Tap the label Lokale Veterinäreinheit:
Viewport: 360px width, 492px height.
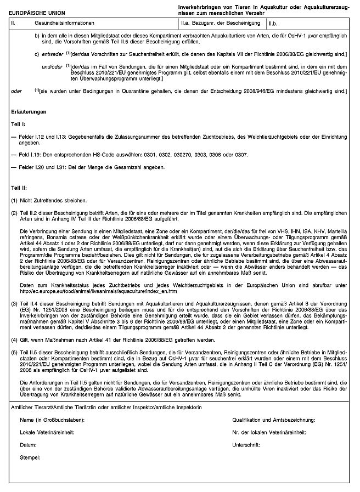tap(47, 432)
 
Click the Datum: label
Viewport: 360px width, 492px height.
tap(28, 444)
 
